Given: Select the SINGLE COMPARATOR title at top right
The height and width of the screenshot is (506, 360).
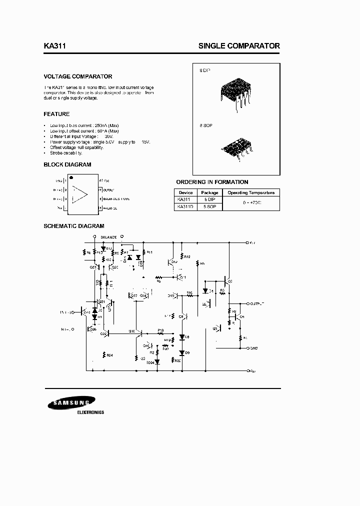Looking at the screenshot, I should tap(239, 45).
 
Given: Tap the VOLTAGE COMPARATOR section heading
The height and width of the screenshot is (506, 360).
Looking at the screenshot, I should tap(78, 76).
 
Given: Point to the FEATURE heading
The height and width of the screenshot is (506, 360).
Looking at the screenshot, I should tap(56, 114).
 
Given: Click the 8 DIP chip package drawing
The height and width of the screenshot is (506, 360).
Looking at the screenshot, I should tap(234, 92).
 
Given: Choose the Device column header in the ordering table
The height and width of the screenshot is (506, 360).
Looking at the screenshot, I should tap(185, 192).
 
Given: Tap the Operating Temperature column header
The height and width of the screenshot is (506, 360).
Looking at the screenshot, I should tap(250, 192).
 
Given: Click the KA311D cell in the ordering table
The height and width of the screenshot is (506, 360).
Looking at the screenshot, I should tap(185, 206).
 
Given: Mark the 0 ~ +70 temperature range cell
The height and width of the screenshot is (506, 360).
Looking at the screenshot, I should tap(250, 202).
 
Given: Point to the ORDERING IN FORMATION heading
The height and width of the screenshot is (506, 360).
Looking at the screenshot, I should tap(212, 182).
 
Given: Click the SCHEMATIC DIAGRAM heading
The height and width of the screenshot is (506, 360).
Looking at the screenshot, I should tap(73, 226).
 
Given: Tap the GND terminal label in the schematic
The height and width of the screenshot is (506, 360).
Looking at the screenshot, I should tap(253, 347).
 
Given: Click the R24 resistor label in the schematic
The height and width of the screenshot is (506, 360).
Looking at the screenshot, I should tap(109, 355).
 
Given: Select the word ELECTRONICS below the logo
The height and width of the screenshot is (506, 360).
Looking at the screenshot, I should tap(90, 412).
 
